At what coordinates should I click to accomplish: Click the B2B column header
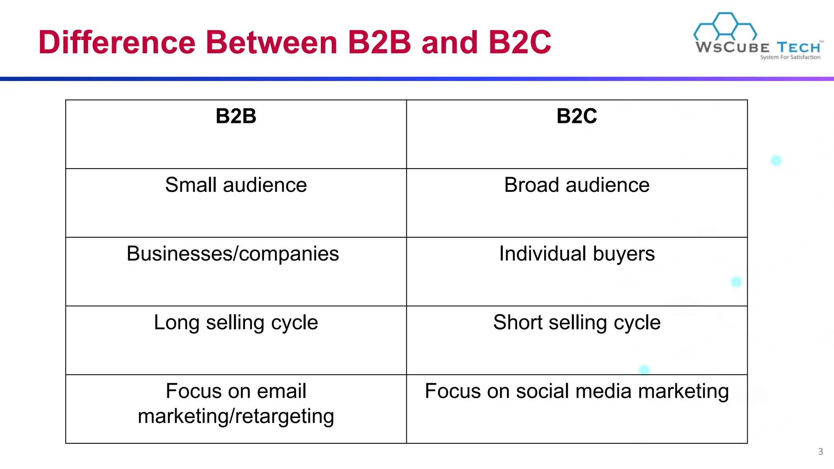[236, 116]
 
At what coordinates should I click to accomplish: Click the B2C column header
[577, 116]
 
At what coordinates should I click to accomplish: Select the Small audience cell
[236, 185]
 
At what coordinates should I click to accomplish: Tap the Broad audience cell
[577, 185]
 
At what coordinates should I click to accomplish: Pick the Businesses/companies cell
[233, 254]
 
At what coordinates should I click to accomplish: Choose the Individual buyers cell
[577, 254]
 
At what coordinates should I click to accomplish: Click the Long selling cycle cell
[236, 322]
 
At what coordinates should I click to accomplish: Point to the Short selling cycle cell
[577, 322]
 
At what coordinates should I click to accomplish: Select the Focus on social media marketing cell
[577, 391]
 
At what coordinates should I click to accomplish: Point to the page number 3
[821, 451]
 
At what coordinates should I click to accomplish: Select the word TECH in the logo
[798, 47]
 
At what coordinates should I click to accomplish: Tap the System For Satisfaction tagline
[790, 57]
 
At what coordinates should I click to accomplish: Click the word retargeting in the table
[285, 416]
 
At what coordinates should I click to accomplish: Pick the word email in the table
[281, 391]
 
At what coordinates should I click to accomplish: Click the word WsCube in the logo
[732, 47]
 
